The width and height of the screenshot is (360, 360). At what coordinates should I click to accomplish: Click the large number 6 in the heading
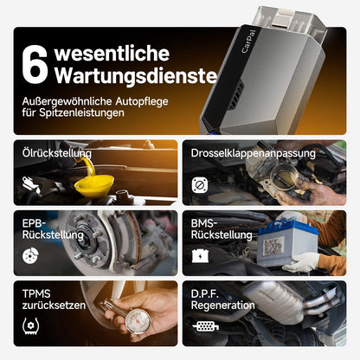pos(35,64)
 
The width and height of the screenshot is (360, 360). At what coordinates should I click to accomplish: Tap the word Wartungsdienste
pos(136,75)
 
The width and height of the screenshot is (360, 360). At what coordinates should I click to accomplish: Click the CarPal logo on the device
pos(248,41)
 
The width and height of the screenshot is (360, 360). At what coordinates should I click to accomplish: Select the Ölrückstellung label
pos(57,153)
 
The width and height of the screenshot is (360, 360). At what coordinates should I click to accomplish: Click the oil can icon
pos(31,184)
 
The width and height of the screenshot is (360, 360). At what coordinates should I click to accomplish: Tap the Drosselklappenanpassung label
pos(253,153)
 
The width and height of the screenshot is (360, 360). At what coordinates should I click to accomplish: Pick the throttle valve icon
pos(200,185)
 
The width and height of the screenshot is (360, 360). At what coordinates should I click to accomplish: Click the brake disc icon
pos(30,255)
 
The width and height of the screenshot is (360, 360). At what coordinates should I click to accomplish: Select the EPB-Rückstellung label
pos(53,229)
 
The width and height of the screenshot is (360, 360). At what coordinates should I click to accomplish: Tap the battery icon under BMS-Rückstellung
pos(200,256)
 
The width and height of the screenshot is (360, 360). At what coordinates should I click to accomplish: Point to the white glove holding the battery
pos(301,262)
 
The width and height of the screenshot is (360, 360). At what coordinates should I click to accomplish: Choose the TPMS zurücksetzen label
pos(54,299)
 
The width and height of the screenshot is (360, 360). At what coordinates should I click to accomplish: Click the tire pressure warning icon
pos(30,326)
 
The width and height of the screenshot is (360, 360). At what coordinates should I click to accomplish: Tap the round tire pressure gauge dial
pos(138,321)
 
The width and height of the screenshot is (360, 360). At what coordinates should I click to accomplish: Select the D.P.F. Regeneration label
pos(222,299)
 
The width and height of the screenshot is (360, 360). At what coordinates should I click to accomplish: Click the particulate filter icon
pos(206,326)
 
